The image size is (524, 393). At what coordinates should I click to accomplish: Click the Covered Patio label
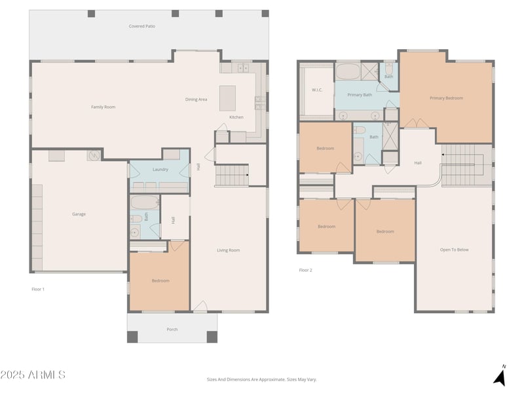tap(142, 26)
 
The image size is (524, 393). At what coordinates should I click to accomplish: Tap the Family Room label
tap(103, 107)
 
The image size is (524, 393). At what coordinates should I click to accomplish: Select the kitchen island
tap(227, 98)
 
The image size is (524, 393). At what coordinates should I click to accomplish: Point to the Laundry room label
tap(160, 170)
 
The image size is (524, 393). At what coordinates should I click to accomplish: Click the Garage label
tap(79, 214)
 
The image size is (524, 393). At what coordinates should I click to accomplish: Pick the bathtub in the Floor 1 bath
tap(144, 202)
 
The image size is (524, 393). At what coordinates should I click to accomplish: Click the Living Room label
tap(228, 250)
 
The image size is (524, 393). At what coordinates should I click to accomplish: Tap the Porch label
tap(172, 329)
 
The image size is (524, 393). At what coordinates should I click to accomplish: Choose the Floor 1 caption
tap(38, 289)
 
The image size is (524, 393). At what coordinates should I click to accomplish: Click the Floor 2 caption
tap(305, 270)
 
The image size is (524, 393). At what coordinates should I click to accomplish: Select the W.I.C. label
tap(317, 90)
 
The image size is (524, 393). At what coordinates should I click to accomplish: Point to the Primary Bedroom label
tap(447, 98)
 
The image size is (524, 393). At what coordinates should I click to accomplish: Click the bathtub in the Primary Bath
tap(348, 71)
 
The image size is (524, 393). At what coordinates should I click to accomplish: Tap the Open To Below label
tap(454, 250)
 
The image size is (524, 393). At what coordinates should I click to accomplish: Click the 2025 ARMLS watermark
tap(33, 375)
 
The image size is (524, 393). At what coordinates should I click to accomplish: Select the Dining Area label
tap(196, 100)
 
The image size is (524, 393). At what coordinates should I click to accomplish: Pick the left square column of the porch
tap(132, 337)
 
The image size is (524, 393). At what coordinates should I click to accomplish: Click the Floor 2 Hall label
tap(418, 162)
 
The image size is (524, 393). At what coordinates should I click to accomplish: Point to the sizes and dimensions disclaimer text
tap(261, 379)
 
